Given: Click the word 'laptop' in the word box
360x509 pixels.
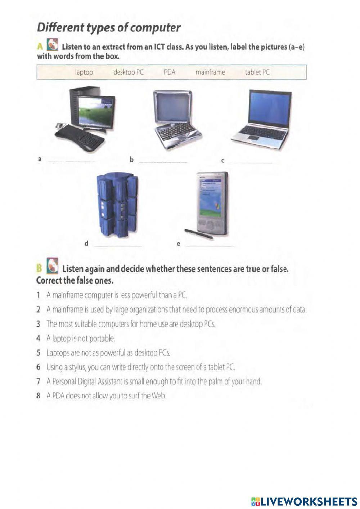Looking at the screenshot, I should [84, 72].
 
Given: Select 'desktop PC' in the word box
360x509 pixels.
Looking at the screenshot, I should [129, 72].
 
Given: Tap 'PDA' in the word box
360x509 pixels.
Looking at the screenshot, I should [169, 72].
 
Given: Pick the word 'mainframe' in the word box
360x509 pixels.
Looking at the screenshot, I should [210, 72].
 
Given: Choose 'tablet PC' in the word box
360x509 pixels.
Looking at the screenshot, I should [257, 72].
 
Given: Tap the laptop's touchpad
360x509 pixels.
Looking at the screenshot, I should [253, 138].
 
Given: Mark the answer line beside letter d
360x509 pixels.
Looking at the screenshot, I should [118, 245].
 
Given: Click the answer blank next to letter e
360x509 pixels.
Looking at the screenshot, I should [210, 245].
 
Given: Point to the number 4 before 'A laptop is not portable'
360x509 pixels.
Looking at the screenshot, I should [38, 338].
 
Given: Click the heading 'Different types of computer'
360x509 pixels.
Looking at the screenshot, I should [108, 27].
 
